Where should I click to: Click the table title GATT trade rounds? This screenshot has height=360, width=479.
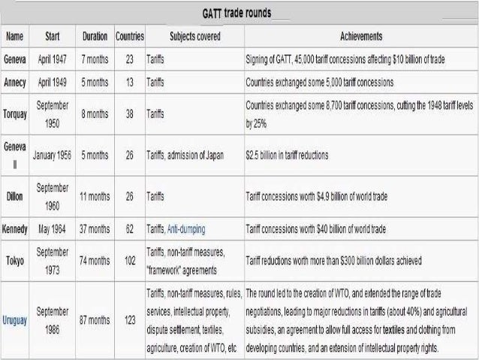coord(236,14)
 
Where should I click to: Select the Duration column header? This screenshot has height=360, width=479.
coord(95,36)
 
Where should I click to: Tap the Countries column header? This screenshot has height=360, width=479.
coord(130,36)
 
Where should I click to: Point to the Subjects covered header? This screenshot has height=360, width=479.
coord(194,36)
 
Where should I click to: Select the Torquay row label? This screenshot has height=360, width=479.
coord(16,113)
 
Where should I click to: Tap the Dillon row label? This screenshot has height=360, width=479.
coord(16,196)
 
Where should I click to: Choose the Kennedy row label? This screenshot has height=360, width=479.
coord(16,228)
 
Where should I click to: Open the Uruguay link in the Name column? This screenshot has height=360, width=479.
coord(16,320)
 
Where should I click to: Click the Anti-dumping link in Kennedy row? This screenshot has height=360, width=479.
coord(186,228)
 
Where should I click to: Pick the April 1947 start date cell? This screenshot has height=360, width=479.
coord(53,58)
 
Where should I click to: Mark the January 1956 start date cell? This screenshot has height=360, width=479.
coord(53,156)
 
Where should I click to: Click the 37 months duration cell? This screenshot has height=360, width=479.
coord(95,228)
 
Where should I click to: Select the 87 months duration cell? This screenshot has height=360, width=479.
coord(95,320)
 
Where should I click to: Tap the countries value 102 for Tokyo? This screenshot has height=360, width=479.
coord(130,259)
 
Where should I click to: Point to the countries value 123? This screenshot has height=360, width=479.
coord(130,320)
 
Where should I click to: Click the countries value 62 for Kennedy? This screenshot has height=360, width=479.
coord(130,228)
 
